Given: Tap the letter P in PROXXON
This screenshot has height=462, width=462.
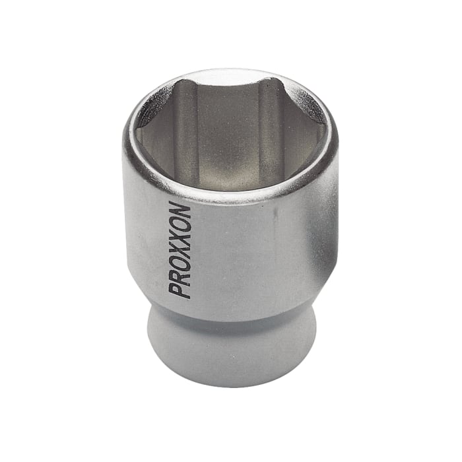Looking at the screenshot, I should pyautogui.click(x=180, y=290).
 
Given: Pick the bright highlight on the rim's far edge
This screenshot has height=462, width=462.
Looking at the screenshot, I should pyautogui.click(x=231, y=72).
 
